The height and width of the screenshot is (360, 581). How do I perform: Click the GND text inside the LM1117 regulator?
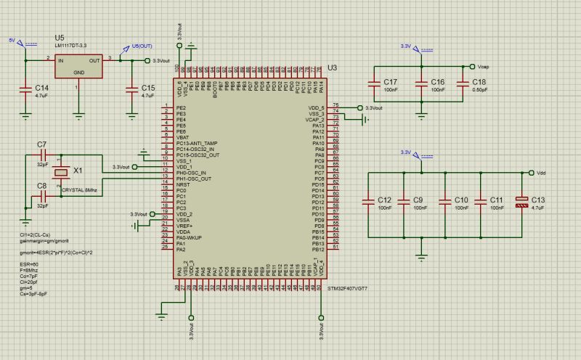point(79,73)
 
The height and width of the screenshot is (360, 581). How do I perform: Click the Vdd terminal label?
point(540,173)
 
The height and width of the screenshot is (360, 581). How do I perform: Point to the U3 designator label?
point(332,67)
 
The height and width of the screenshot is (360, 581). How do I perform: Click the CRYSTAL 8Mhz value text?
point(79,189)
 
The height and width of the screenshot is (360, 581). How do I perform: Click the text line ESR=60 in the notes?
point(29,265)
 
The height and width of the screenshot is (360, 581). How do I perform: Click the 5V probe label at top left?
point(11,41)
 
